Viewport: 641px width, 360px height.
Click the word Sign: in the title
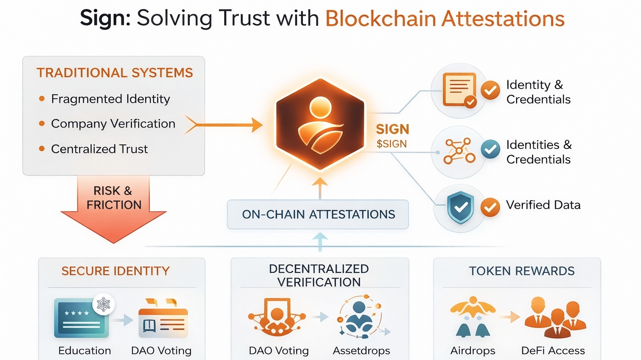[105, 18]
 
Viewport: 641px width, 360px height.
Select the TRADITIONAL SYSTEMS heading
[115, 73]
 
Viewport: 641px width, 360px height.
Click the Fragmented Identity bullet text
[111, 99]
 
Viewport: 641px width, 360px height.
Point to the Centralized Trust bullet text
[99, 149]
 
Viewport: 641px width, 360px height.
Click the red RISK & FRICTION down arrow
[113, 209]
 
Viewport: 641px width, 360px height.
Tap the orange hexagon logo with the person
[320, 124]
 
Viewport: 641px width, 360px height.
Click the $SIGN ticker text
[391, 144]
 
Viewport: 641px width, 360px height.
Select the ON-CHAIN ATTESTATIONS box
[318, 214]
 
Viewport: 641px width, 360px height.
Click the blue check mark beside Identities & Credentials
[490, 149]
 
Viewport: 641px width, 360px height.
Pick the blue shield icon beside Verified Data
[460, 207]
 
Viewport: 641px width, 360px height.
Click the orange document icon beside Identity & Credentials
[459, 89]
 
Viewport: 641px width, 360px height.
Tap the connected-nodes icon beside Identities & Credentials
[459, 151]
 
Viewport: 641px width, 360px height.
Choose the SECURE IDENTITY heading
[116, 271]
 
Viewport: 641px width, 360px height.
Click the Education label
[85, 350]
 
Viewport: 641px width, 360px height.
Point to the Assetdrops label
[361, 350]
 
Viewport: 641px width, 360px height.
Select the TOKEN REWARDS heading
[522, 271]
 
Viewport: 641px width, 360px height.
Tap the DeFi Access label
[553, 350]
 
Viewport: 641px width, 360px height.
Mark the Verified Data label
[543, 205]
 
